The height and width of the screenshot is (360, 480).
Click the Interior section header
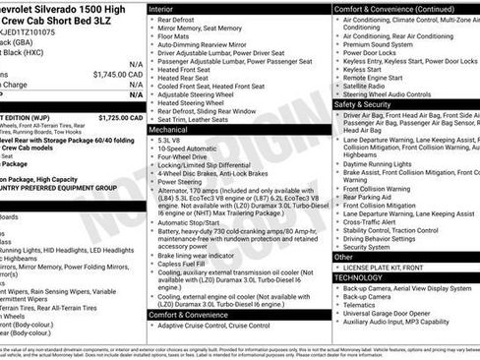pos(166,8)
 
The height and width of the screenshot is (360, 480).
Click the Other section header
pos(344,257)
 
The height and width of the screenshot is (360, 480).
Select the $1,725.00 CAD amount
pos(122,117)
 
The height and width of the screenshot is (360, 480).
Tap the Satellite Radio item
pos(369,87)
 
